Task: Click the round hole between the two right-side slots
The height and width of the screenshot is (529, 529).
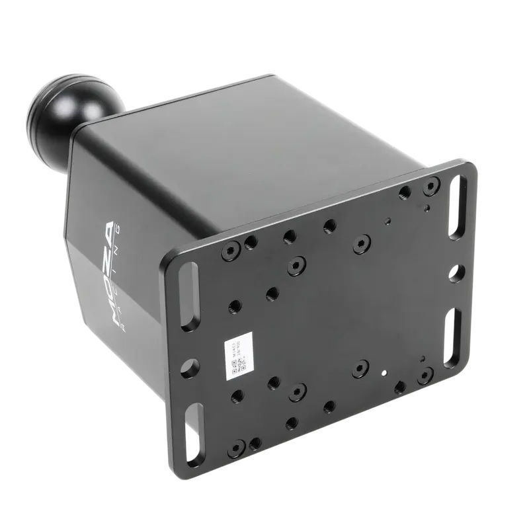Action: (456, 272)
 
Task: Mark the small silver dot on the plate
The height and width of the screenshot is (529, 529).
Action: (383, 372)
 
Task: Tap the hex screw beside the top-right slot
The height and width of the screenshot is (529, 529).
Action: (430, 186)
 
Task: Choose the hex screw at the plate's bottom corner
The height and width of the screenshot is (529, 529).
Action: (237, 449)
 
